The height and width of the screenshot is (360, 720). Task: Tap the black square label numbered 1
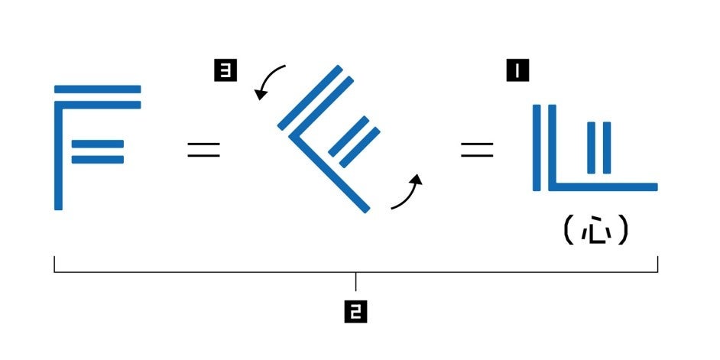pyautogui.click(x=518, y=73)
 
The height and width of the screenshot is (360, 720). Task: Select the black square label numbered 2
pyautogui.click(x=356, y=311)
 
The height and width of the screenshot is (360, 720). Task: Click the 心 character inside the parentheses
pyautogui.click(x=596, y=231)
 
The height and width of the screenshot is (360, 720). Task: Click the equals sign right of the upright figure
pyautogui.click(x=203, y=150)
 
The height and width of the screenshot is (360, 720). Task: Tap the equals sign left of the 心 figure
pyautogui.click(x=476, y=150)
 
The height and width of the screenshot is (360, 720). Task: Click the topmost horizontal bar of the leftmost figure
pyautogui.click(x=98, y=89)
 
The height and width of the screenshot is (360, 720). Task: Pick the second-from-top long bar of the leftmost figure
pyautogui.click(x=98, y=105)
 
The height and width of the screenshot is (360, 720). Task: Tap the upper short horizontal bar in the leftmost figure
pyautogui.click(x=97, y=144)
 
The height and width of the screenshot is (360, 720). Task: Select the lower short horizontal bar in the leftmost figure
pyautogui.click(x=97, y=159)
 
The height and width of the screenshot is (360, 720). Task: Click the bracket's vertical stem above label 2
pyautogui.click(x=356, y=281)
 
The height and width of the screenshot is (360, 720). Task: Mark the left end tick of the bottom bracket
pyautogui.click(x=54, y=264)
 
